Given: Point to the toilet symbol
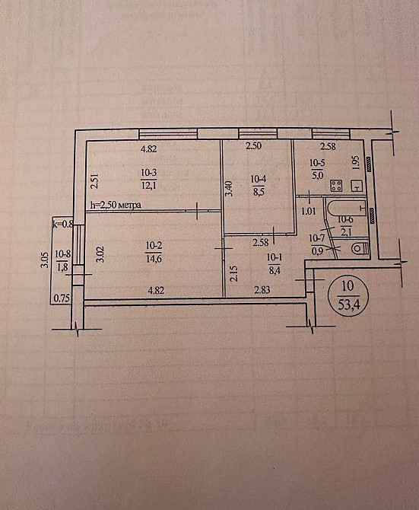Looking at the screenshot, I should [x=358, y=248].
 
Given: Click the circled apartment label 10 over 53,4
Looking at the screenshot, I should [x=348, y=292].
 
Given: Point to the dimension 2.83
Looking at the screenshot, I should [x=262, y=290].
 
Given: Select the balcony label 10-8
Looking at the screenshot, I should [x=62, y=254].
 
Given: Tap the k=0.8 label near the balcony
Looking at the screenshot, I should [x=62, y=225].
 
